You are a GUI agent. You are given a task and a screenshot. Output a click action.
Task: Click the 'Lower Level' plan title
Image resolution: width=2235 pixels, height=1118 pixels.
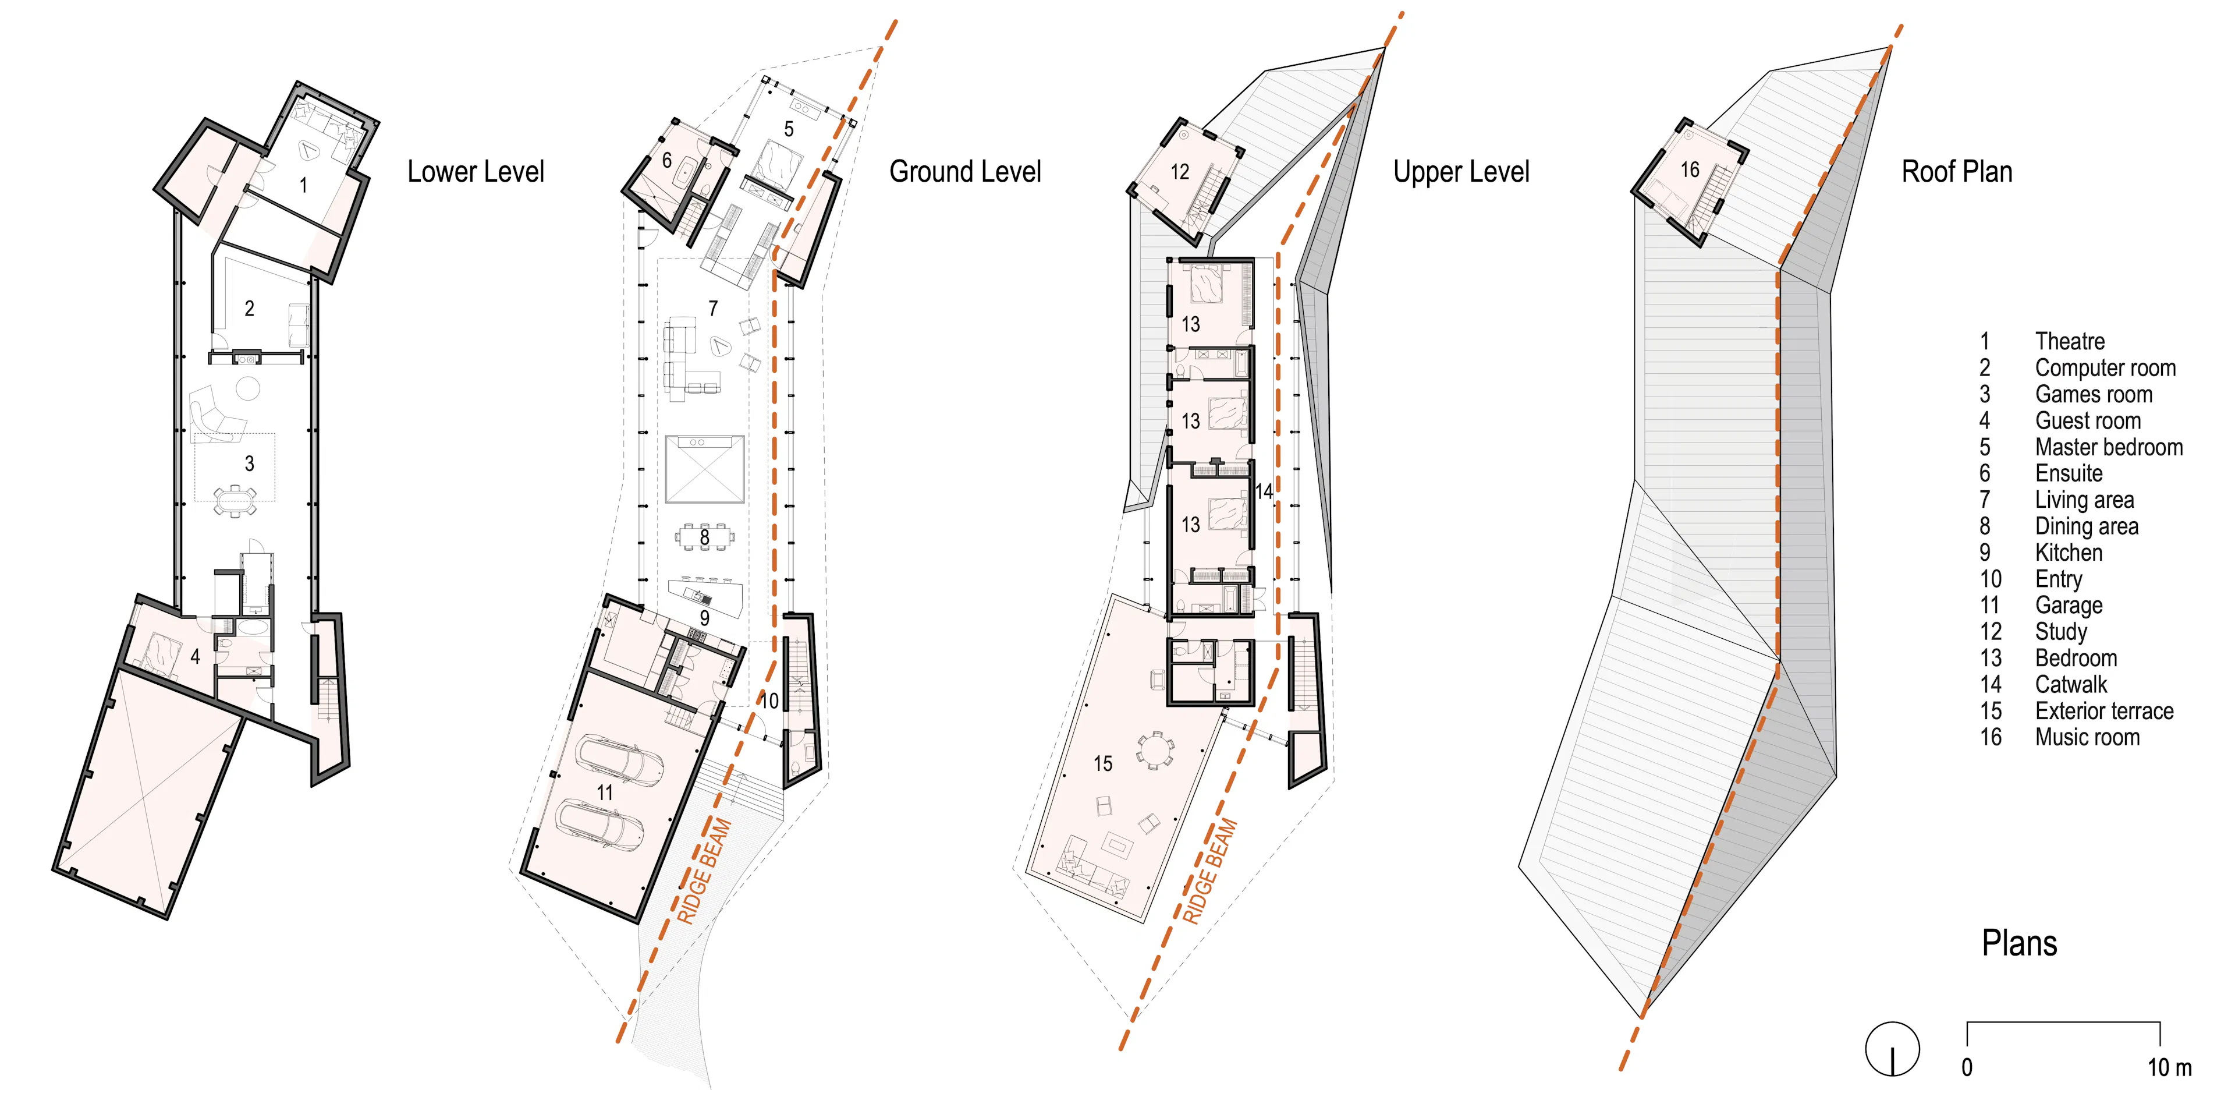[476, 172]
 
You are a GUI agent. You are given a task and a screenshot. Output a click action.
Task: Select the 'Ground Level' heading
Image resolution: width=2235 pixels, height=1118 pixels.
[965, 172]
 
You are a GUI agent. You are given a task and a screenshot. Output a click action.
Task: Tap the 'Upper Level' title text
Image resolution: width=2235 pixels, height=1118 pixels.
[1461, 172]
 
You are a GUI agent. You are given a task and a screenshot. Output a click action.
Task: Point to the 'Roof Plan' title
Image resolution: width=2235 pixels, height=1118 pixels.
[1956, 172]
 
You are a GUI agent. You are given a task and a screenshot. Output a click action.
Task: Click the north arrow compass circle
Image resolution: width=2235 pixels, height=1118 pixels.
[1892, 1049]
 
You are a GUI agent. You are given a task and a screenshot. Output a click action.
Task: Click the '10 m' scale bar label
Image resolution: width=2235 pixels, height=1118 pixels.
[2169, 1068]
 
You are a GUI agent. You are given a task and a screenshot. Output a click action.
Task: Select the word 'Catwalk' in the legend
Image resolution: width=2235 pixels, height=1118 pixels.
[2071, 685]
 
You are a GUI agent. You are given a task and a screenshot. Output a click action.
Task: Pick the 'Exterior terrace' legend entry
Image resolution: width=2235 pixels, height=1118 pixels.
[2104, 711]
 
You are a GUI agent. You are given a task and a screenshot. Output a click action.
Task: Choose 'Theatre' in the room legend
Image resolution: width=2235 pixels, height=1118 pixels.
[2070, 341]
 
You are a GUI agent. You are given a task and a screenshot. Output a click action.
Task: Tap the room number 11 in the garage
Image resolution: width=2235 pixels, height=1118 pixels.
[605, 792]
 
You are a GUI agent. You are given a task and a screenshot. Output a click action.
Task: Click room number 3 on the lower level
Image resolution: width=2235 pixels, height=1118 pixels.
[249, 464]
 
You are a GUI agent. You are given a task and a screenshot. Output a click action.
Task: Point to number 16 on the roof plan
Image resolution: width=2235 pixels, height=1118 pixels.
[1689, 169]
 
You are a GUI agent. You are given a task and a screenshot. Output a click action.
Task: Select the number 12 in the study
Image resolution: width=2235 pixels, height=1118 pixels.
[1180, 172]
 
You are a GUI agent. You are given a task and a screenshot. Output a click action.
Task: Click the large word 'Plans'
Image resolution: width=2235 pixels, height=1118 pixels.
[2019, 943]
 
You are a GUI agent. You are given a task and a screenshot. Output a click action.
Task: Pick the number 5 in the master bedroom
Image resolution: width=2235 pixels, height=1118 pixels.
[789, 129]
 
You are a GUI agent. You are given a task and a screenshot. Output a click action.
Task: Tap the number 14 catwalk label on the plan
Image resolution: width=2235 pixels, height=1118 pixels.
[1264, 491]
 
